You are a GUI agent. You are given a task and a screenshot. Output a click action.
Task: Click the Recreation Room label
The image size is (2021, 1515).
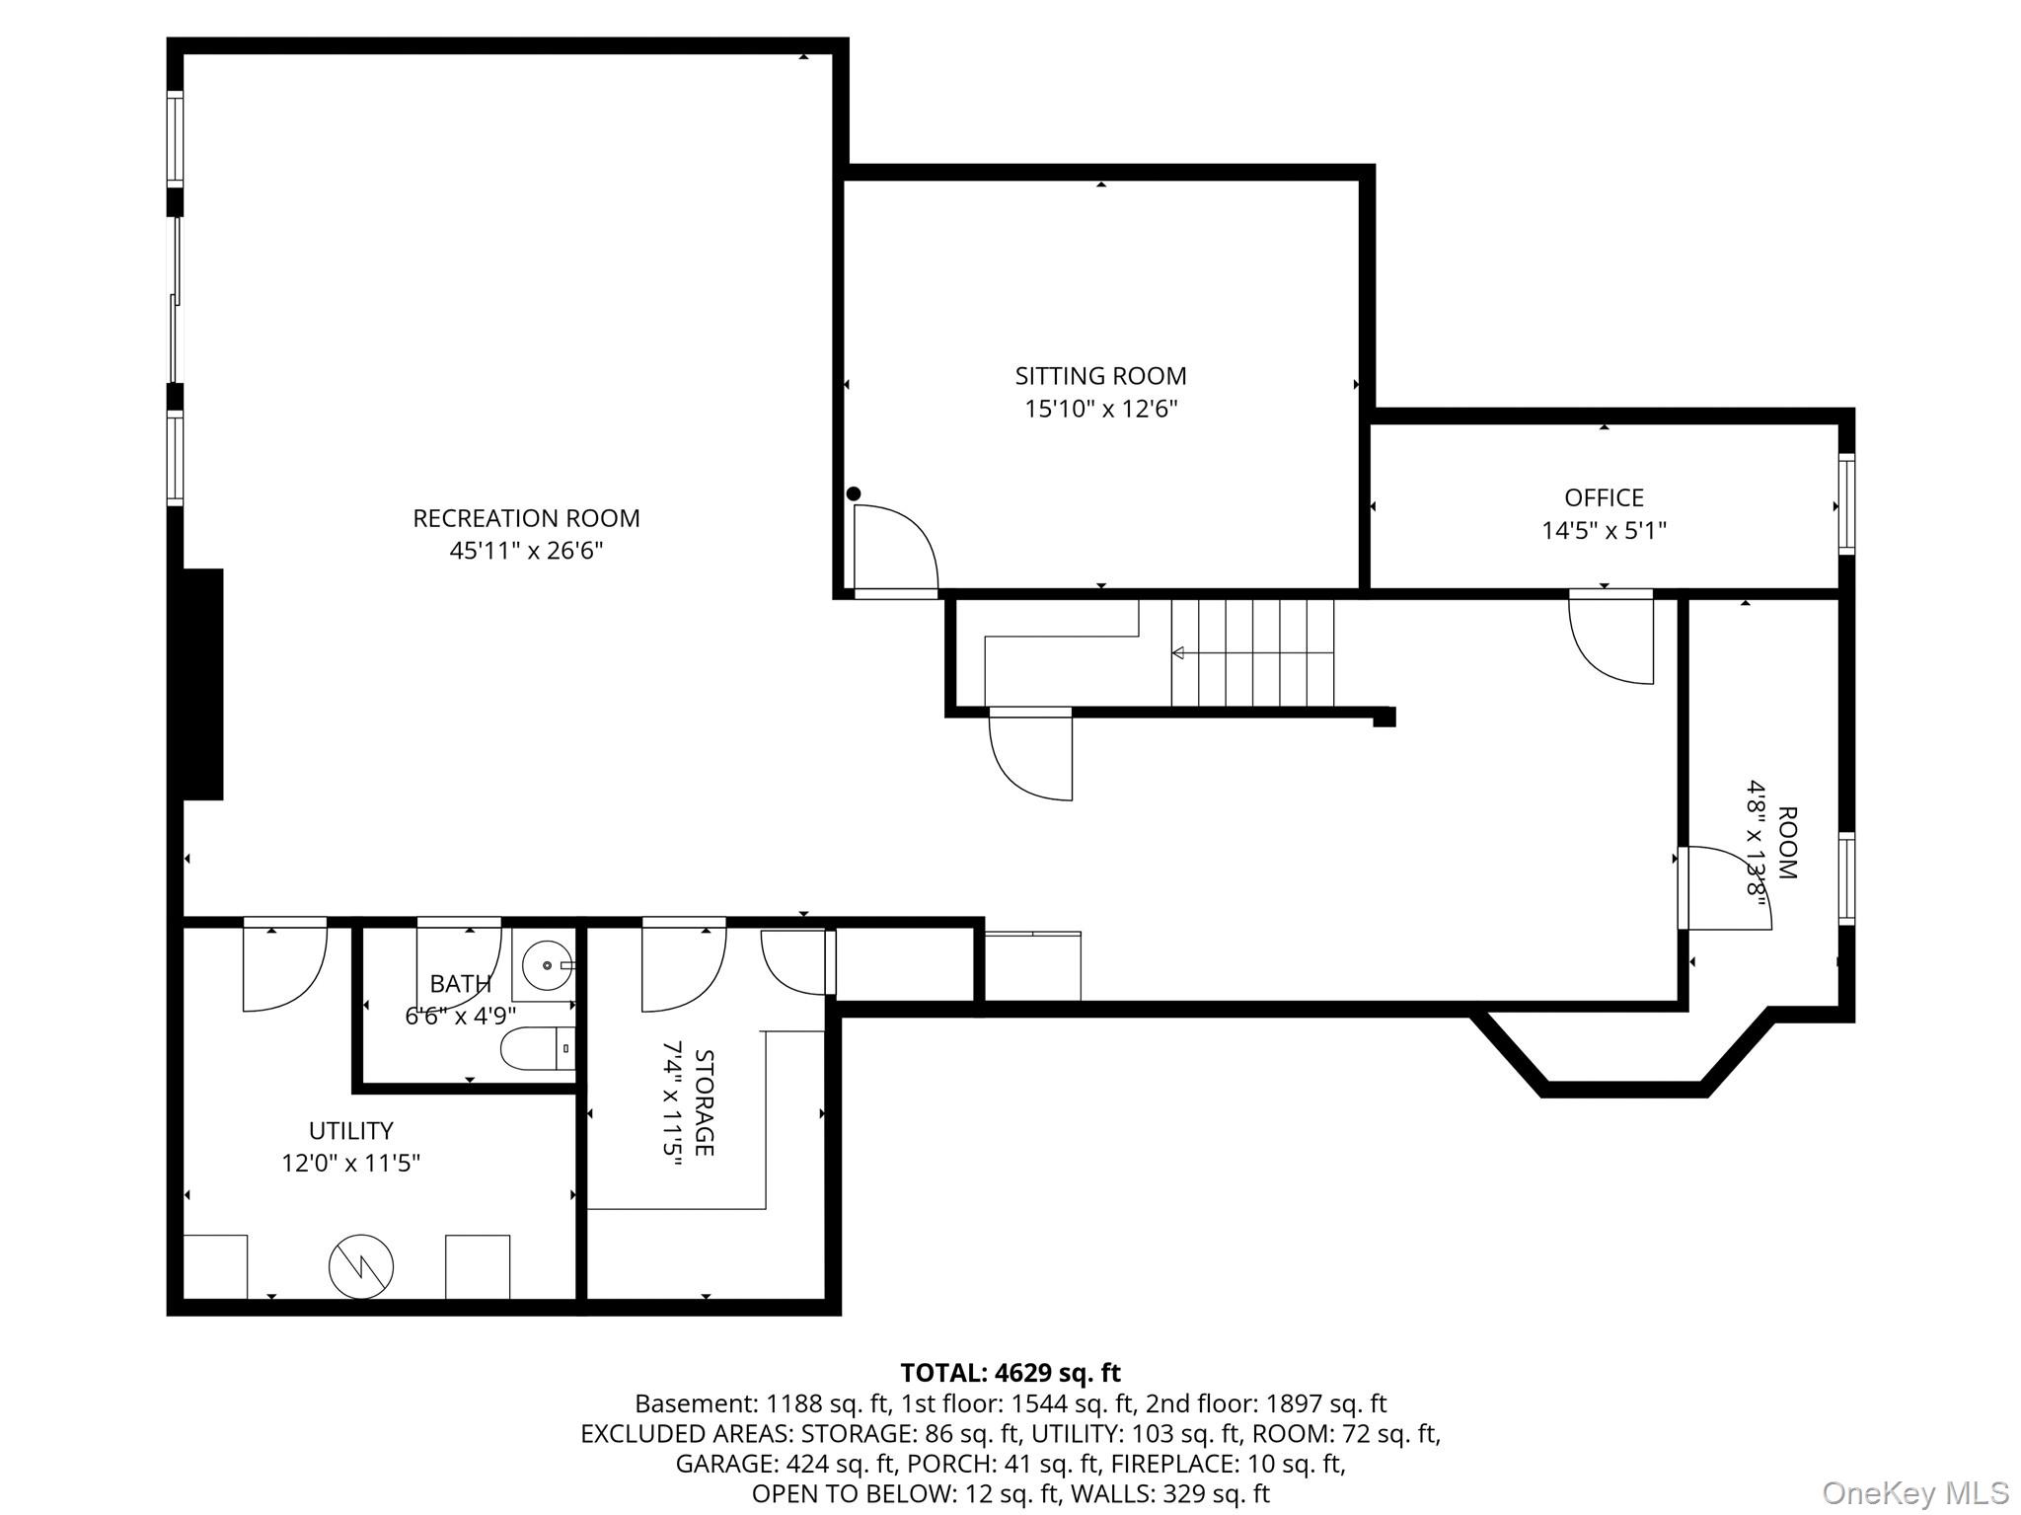point(526,518)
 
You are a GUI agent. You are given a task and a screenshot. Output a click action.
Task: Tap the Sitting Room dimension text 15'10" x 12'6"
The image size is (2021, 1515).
point(1101,409)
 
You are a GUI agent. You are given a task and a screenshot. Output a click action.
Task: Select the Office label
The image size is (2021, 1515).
point(1604,497)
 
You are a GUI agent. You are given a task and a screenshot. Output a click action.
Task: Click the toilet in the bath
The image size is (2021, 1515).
point(538,1049)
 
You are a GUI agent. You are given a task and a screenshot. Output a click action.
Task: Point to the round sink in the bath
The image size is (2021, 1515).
point(546,964)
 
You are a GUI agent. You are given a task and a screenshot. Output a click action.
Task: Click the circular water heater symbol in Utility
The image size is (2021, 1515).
point(361,1266)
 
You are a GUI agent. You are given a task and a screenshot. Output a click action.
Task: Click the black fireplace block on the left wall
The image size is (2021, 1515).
point(203,684)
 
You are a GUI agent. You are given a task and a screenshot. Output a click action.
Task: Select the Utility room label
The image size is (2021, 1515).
point(351,1130)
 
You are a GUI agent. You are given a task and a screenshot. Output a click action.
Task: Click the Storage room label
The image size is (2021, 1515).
point(705,1102)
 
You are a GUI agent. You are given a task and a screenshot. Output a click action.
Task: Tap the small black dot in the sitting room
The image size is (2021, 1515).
point(854,493)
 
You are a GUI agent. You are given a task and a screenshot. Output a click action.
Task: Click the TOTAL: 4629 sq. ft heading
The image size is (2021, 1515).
point(1010,1373)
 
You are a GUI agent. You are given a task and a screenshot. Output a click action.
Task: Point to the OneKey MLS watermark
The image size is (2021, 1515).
point(1915,1492)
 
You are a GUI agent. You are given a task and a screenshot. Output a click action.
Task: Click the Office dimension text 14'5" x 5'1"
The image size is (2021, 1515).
point(1605,531)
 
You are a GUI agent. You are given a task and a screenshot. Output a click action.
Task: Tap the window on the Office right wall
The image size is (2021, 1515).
point(1846,504)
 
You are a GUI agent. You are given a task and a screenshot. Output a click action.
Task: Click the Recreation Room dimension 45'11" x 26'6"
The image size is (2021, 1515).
point(526,551)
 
